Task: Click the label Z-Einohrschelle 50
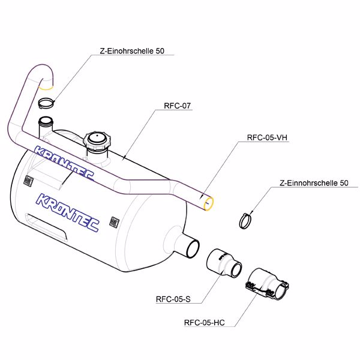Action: click(x=131, y=52)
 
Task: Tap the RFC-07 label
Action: click(x=177, y=106)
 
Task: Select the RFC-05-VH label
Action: click(x=268, y=137)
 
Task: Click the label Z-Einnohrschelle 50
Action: click(x=314, y=182)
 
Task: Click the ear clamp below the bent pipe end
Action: click(x=46, y=103)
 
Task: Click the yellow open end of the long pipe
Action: click(x=209, y=204)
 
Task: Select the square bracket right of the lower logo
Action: click(x=113, y=221)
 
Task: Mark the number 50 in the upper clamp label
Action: click(x=160, y=52)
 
